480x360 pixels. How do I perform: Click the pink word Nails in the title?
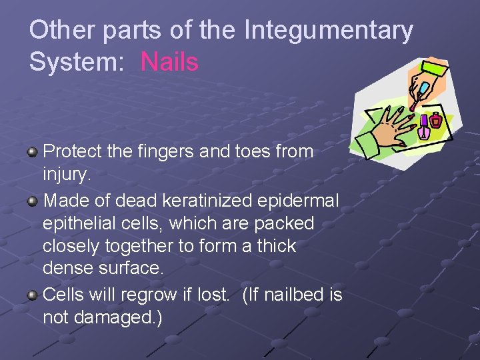(x=169, y=62)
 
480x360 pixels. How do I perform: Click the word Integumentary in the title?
(x=329, y=31)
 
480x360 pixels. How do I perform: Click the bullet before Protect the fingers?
(x=32, y=153)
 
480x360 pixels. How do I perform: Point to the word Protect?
(x=71, y=152)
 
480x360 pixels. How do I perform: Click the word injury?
(x=65, y=175)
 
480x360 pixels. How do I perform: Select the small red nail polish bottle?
(x=436, y=120)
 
